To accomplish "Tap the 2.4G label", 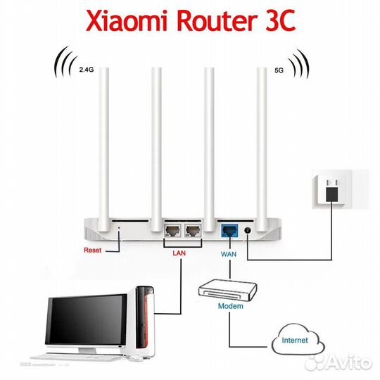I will tap(87, 69).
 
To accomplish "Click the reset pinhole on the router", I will tap(118, 227).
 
